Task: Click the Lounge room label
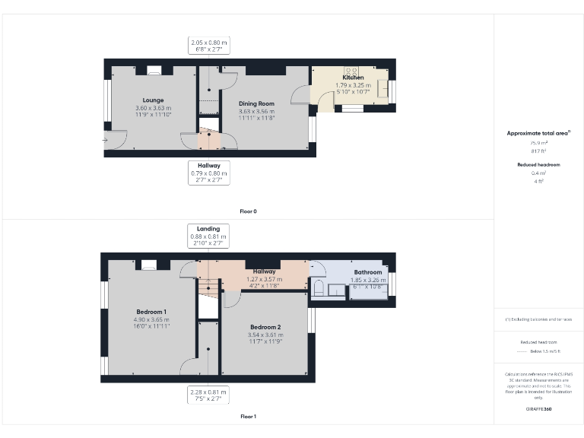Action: click(x=153, y=100)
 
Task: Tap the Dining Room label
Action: click(x=256, y=103)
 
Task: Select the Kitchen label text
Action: click(x=353, y=78)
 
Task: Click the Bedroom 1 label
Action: click(x=151, y=312)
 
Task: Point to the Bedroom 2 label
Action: click(x=265, y=327)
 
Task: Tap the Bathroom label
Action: click(x=367, y=271)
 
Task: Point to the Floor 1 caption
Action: click(x=249, y=417)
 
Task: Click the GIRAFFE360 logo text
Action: click(x=538, y=410)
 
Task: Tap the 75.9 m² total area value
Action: click(x=538, y=142)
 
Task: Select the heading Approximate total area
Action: click(x=538, y=133)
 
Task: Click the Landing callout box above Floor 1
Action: click(x=208, y=236)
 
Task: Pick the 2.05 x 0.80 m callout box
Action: click(x=208, y=46)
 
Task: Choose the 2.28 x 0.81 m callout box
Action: click(x=208, y=395)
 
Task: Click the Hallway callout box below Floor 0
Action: click(x=208, y=173)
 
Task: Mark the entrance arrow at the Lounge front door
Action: click(x=106, y=140)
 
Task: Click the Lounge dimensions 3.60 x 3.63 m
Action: click(x=153, y=108)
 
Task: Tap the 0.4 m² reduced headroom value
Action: click(x=538, y=173)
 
